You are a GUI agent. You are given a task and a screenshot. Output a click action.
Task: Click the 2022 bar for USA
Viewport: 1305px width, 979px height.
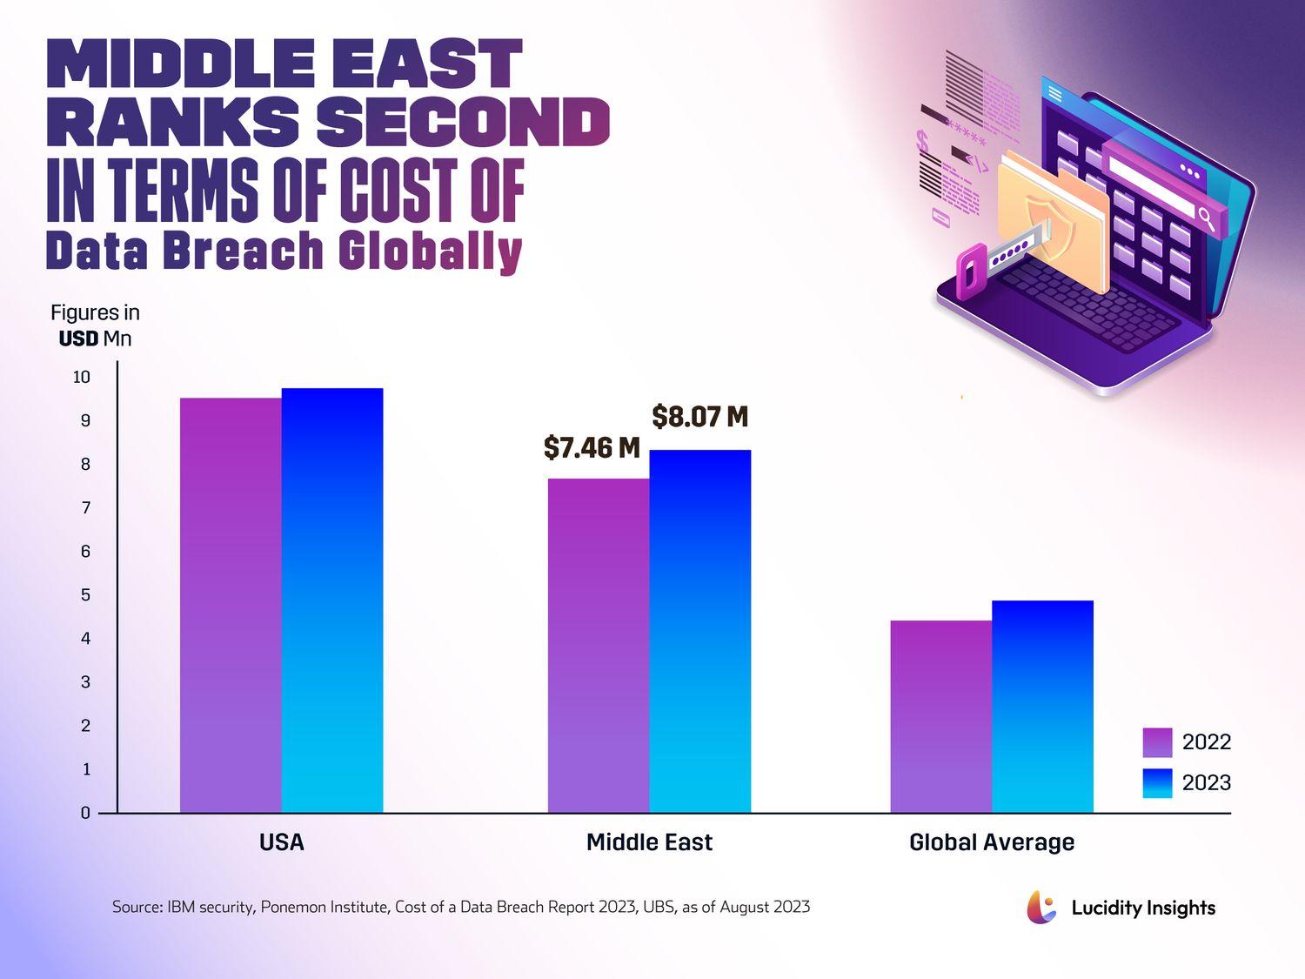(x=231, y=605)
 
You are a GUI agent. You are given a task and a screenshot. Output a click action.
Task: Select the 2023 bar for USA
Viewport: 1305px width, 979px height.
(x=332, y=600)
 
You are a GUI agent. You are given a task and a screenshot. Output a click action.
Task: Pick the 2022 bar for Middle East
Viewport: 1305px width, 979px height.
(x=599, y=645)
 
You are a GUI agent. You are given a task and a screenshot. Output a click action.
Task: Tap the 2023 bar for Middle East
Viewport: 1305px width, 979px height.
(x=700, y=631)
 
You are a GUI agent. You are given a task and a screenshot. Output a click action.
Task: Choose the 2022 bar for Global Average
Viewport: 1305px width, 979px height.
(x=941, y=716)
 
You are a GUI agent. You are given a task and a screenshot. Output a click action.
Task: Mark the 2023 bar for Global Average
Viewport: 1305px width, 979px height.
(x=1042, y=706)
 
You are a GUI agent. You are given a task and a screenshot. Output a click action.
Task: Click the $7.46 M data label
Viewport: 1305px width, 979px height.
(x=592, y=448)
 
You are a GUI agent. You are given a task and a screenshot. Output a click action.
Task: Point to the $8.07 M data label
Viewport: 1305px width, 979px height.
(x=700, y=417)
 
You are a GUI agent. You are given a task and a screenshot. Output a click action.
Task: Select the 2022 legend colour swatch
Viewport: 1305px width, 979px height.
(x=1157, y=742)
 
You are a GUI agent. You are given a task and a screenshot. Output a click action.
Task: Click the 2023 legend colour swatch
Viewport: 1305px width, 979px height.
(x=1157, y=783)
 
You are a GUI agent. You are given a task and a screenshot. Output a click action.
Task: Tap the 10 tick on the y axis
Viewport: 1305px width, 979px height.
(x=82, y=377)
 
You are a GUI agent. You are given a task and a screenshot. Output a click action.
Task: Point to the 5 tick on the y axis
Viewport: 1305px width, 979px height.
(x=85, y=595)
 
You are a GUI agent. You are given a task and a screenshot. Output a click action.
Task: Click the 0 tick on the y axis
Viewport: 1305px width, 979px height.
(x=85, y=813)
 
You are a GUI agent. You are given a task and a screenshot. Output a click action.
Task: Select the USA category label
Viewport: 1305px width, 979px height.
(x=282, y=842)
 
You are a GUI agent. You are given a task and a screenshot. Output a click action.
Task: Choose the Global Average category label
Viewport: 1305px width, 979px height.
(x=992, y=842)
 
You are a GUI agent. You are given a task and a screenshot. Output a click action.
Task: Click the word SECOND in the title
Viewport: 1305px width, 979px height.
(x=463, y=122)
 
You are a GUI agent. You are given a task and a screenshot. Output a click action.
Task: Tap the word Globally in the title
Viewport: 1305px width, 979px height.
(x=430, y=252)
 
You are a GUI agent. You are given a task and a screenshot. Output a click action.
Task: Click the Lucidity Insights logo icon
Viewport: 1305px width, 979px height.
(x=1041, y=907)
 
